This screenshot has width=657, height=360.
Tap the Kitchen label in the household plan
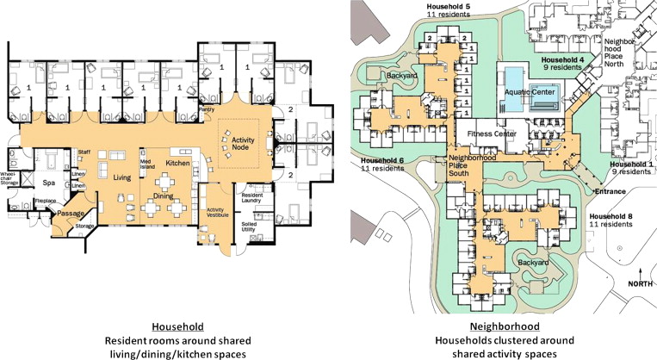[177, 163]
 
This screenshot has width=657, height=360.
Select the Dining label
[164, 196]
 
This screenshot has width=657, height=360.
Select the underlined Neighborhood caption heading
[504, 326]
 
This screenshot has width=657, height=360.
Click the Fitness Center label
[491, 134]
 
